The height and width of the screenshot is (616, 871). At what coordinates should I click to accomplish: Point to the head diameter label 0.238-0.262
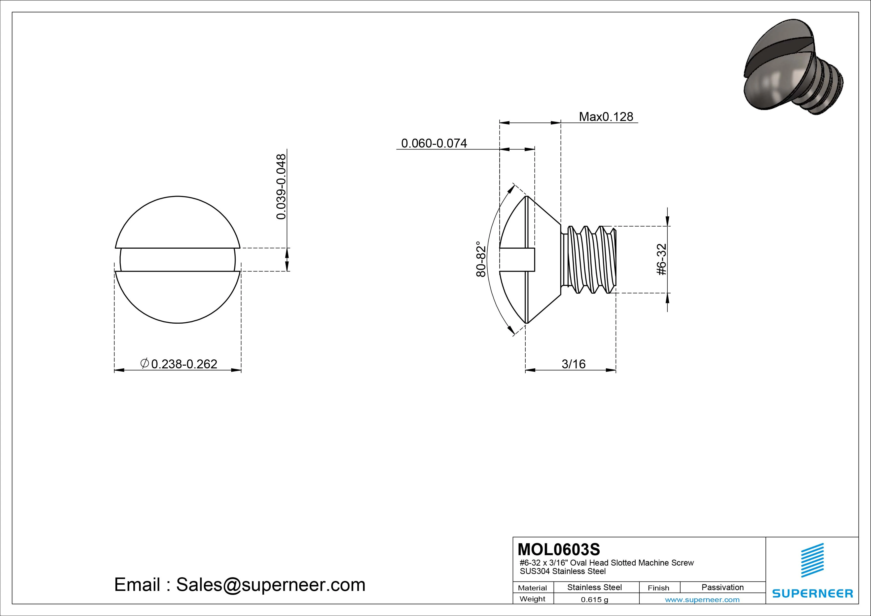184,364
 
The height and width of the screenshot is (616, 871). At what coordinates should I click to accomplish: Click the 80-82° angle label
481,259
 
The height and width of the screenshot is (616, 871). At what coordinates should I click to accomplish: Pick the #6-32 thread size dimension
662,259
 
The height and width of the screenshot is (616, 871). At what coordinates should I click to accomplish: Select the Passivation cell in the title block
722,587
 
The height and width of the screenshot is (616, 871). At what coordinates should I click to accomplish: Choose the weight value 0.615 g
594,600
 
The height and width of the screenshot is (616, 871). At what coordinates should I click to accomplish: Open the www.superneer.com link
702,600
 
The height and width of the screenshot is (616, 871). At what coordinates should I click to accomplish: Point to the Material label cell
532,588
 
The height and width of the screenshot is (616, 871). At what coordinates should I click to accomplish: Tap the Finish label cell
658,588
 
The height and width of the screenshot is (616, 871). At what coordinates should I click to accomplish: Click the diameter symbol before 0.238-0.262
145,364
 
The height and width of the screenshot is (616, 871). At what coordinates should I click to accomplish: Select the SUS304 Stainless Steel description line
563,571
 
